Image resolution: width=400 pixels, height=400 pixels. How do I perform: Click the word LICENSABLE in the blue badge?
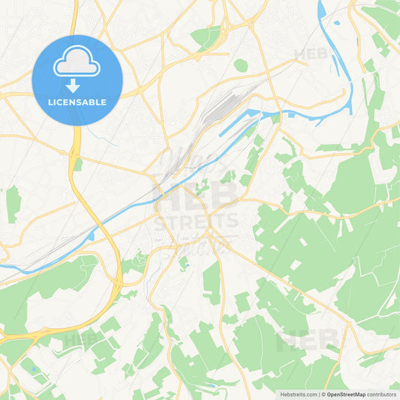tap(77, 102)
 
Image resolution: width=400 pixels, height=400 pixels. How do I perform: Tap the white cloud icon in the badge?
tap(77, 64)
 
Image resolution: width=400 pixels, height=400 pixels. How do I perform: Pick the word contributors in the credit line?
tap(383, 393)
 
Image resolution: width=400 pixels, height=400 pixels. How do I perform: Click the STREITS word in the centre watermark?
tap(197, 223)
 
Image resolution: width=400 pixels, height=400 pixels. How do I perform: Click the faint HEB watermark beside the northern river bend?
tap(311, 54)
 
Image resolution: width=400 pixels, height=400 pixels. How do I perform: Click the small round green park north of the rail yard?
tap(240, 65)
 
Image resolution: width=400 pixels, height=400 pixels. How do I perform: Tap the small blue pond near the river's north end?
tap(336, 23)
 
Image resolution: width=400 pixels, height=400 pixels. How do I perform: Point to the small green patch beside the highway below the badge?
tap(78, 164)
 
